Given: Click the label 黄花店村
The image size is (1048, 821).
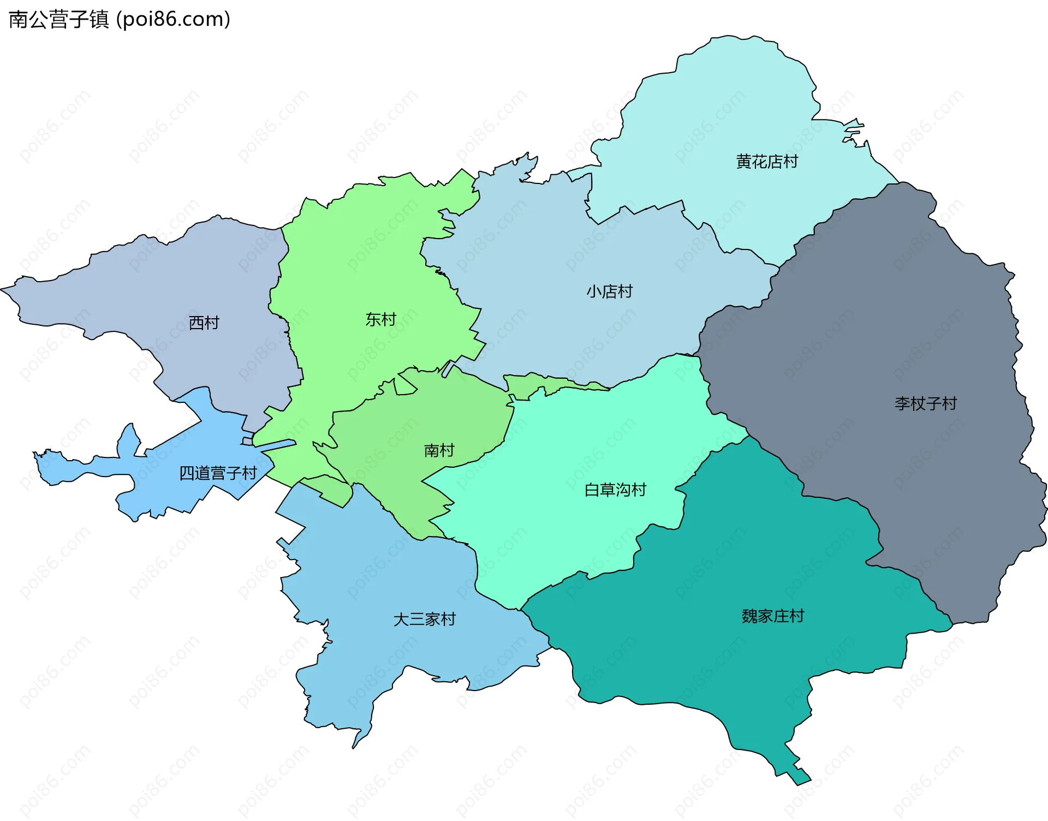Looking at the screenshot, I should (x=767, y=162).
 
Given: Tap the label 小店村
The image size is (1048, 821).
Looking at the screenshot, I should (x=610, y=291).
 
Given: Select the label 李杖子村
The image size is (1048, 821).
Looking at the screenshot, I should (x=926, y=403).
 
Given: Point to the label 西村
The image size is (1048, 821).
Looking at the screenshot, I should (x=204, y=323).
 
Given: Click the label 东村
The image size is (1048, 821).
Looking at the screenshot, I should (x=380, y=319).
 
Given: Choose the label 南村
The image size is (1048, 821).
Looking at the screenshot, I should (x=439, y=450).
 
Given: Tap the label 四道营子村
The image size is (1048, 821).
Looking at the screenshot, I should (x=218, y=473).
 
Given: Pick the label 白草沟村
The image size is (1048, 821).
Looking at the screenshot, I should (x=615, y=490).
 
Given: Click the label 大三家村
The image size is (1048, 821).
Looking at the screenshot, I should (x=424, y=619).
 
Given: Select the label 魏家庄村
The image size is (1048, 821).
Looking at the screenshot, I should (x=773, y=616).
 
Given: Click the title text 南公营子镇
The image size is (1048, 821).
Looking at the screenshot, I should (x=59, y=20).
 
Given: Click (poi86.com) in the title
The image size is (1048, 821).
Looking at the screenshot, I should (x=174, y=20).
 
